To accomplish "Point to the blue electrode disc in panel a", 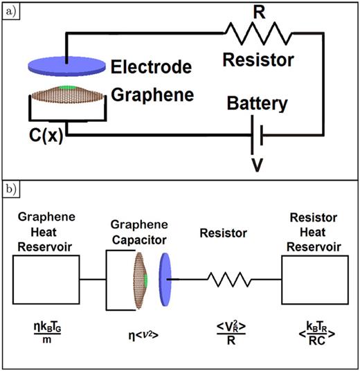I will click(x=67, y=66).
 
